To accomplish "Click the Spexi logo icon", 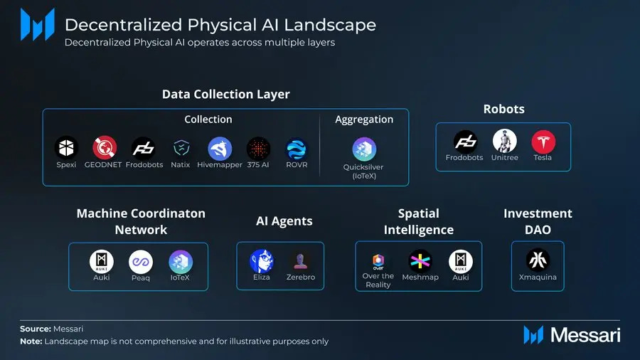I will click(x=66, y=148).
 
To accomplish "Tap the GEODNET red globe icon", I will click(x=105, y=148).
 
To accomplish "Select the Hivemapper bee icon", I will click(x=220, y=148).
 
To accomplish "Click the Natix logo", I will click(x=181, y=148).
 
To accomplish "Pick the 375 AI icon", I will click(x=258, y=148).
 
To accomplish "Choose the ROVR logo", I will click(x=297, y=148).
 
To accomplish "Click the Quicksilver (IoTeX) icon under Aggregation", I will click(x=364, y=149).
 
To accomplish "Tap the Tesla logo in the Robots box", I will click(x=543, y=141).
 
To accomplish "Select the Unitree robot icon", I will click(x=505, y=141).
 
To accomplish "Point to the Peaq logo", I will click(x=141, y=262).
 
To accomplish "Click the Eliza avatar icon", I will click(x=261, y=261).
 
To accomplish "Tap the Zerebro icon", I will click(x=299, y=261).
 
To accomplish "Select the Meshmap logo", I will click(x=420, y=261).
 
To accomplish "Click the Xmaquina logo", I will click(x=538, y=260).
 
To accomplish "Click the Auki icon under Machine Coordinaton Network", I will click(x=102, y=262).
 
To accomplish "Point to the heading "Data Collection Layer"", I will click(x=225, y=94).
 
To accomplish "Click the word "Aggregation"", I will click(x=364, y=120).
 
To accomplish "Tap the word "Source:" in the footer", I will click(x=35, y=329).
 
